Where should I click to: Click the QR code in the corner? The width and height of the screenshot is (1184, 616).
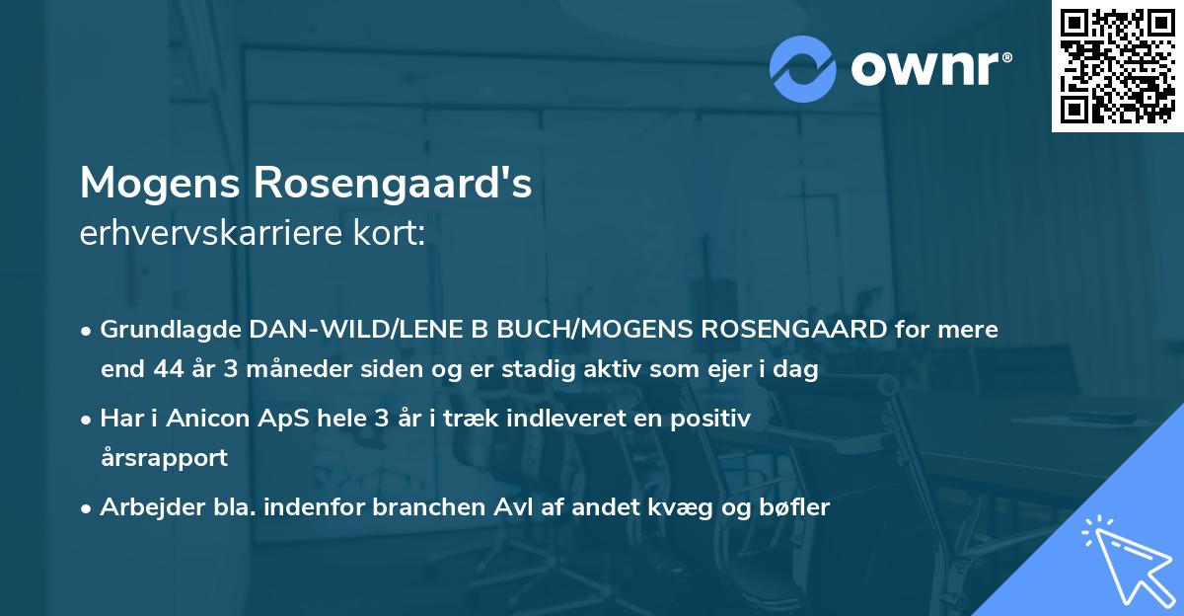tap(1116, 65)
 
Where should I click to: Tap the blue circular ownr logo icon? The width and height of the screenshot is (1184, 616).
tap(803, 69)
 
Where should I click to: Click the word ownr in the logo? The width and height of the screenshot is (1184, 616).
tap(928, 69)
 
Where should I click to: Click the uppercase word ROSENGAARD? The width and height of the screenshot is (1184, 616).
tap(787, 330)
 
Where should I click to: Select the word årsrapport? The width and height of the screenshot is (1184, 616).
tap(164, 458)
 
